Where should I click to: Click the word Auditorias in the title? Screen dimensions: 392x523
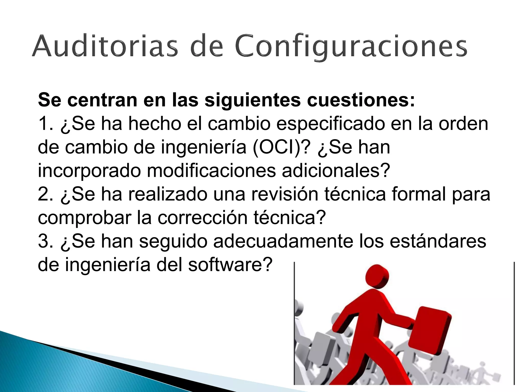coord(104,46)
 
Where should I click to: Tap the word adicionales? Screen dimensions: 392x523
coord(336,170)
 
